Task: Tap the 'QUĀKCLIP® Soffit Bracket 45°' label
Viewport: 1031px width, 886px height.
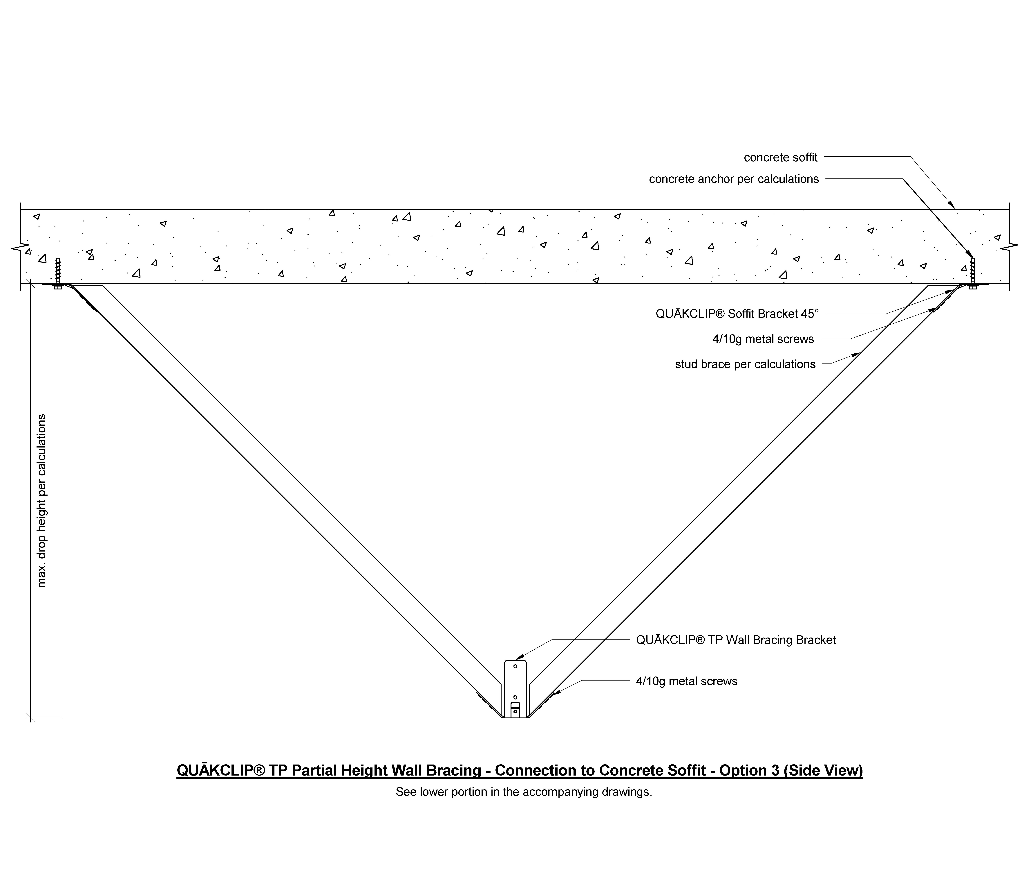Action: pos(737,314)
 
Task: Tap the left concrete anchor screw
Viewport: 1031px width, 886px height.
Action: pos(58,273)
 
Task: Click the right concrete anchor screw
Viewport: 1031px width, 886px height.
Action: pos(973,273)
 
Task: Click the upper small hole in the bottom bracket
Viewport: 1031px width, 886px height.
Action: pos(515,666)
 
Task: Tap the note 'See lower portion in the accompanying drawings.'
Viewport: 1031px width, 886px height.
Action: pos(523,792)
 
